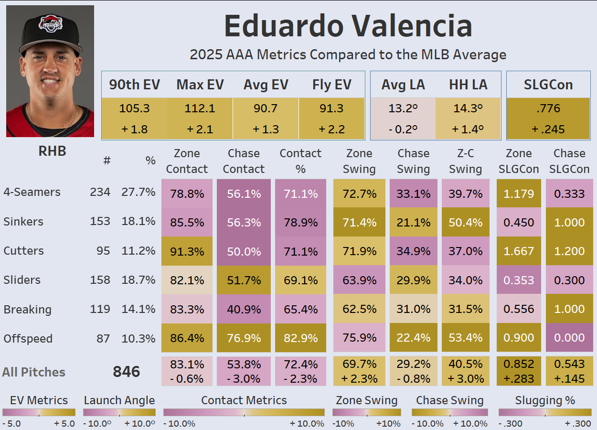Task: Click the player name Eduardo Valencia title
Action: point(348,26)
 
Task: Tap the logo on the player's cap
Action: point(50,22)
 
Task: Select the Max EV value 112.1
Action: point(200,108)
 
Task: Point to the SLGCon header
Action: point(548,85)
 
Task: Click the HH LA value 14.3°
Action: point(468,108)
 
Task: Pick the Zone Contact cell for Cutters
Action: point(187,251)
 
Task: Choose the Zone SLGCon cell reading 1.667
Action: point(519,251)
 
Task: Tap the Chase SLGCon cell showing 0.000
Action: point(569,338)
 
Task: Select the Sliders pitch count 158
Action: point(100,280)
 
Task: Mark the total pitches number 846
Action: point(127,372)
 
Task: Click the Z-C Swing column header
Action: point(465,161)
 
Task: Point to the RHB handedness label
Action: point(52,151)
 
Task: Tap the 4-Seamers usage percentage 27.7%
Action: point(138,192)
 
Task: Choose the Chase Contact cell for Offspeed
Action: point(244,338)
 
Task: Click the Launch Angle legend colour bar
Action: point(119,412)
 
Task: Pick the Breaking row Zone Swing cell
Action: point(359,309)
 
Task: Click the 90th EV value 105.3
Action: point(134,108)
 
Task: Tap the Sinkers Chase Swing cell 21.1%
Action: point(413,222)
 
